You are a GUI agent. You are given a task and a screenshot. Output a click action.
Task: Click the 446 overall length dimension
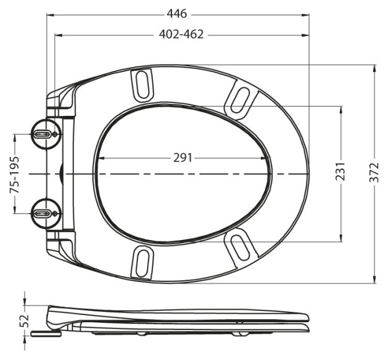coord(177,14)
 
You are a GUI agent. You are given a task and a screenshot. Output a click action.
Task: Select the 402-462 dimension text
coord(181,34)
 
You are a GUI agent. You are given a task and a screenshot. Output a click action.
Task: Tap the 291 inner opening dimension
coord(183,158)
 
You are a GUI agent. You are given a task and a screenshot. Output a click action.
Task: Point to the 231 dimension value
coord(340,172)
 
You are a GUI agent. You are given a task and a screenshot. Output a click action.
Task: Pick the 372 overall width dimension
coord(374,172)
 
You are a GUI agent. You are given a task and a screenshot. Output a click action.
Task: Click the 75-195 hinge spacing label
coord(14,175)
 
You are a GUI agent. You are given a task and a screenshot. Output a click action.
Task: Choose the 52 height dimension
coord(26,321)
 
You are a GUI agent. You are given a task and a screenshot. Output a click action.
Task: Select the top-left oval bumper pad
coord(142,85)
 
